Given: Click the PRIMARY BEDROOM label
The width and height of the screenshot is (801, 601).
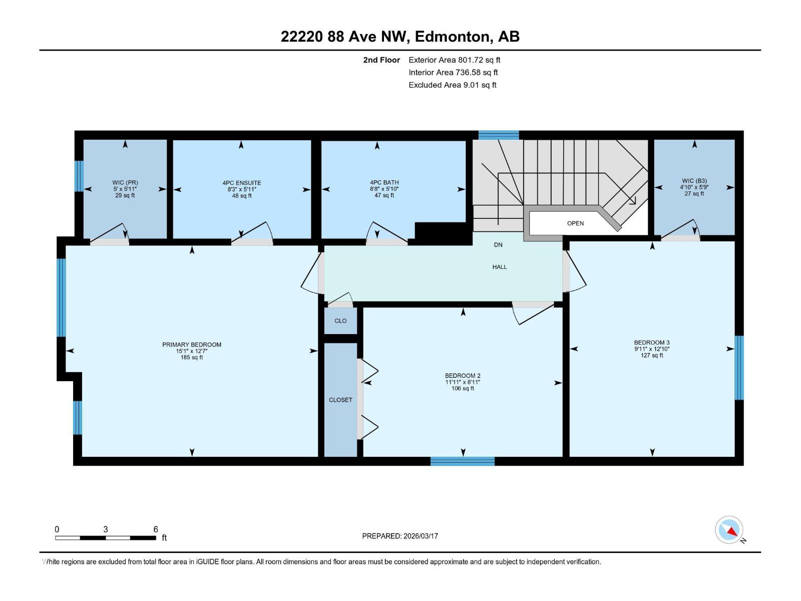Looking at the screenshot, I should (192, 345).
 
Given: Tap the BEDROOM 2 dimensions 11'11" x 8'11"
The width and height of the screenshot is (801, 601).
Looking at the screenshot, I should (463, 382).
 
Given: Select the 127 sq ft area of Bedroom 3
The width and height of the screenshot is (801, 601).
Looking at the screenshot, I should (652, 356).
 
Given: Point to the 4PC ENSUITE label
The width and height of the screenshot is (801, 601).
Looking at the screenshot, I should (242, 183).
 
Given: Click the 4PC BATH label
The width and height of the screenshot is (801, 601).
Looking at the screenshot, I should (384, 183).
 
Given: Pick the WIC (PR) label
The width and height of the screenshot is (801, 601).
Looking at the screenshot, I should (125, 183).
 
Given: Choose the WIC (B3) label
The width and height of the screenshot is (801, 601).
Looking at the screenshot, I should (694, 181).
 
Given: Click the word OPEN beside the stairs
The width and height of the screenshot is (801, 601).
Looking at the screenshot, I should (575, 223).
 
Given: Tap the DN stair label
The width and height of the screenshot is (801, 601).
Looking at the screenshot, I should (498, 245).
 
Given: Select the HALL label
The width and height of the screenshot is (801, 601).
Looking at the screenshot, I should (500, 267).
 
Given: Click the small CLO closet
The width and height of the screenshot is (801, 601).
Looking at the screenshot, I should (340, 321).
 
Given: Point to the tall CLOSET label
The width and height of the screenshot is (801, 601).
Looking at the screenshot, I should (340, 400).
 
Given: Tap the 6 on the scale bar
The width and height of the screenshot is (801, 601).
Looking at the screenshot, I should (156, 529).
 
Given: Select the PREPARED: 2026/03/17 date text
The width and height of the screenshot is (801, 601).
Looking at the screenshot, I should (400, 536).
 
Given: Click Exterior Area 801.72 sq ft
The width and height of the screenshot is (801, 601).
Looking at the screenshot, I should (455, 60).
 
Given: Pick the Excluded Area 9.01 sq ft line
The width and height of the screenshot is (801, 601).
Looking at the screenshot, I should (453, 85).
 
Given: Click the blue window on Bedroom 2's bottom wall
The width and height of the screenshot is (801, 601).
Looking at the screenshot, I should (463, 461).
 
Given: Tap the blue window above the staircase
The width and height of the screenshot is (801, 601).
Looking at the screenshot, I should (499, 135).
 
